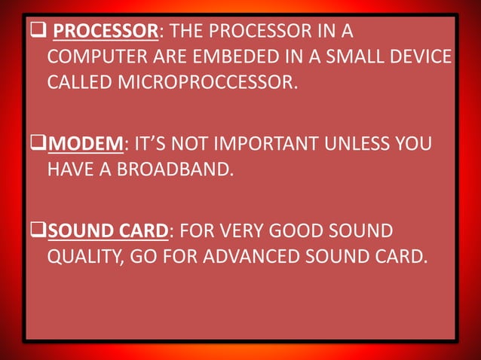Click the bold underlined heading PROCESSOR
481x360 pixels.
[x=107, y=32]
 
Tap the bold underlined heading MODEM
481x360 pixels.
[x=85, y=143]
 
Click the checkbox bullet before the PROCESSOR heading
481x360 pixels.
[x=38, y=32]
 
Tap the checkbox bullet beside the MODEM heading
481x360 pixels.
[x=39, y=142]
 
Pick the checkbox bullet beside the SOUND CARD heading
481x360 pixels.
[x=39, y=230]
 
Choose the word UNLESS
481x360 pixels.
[x=363, y=143]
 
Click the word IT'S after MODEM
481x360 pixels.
[x=153, y=143]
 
